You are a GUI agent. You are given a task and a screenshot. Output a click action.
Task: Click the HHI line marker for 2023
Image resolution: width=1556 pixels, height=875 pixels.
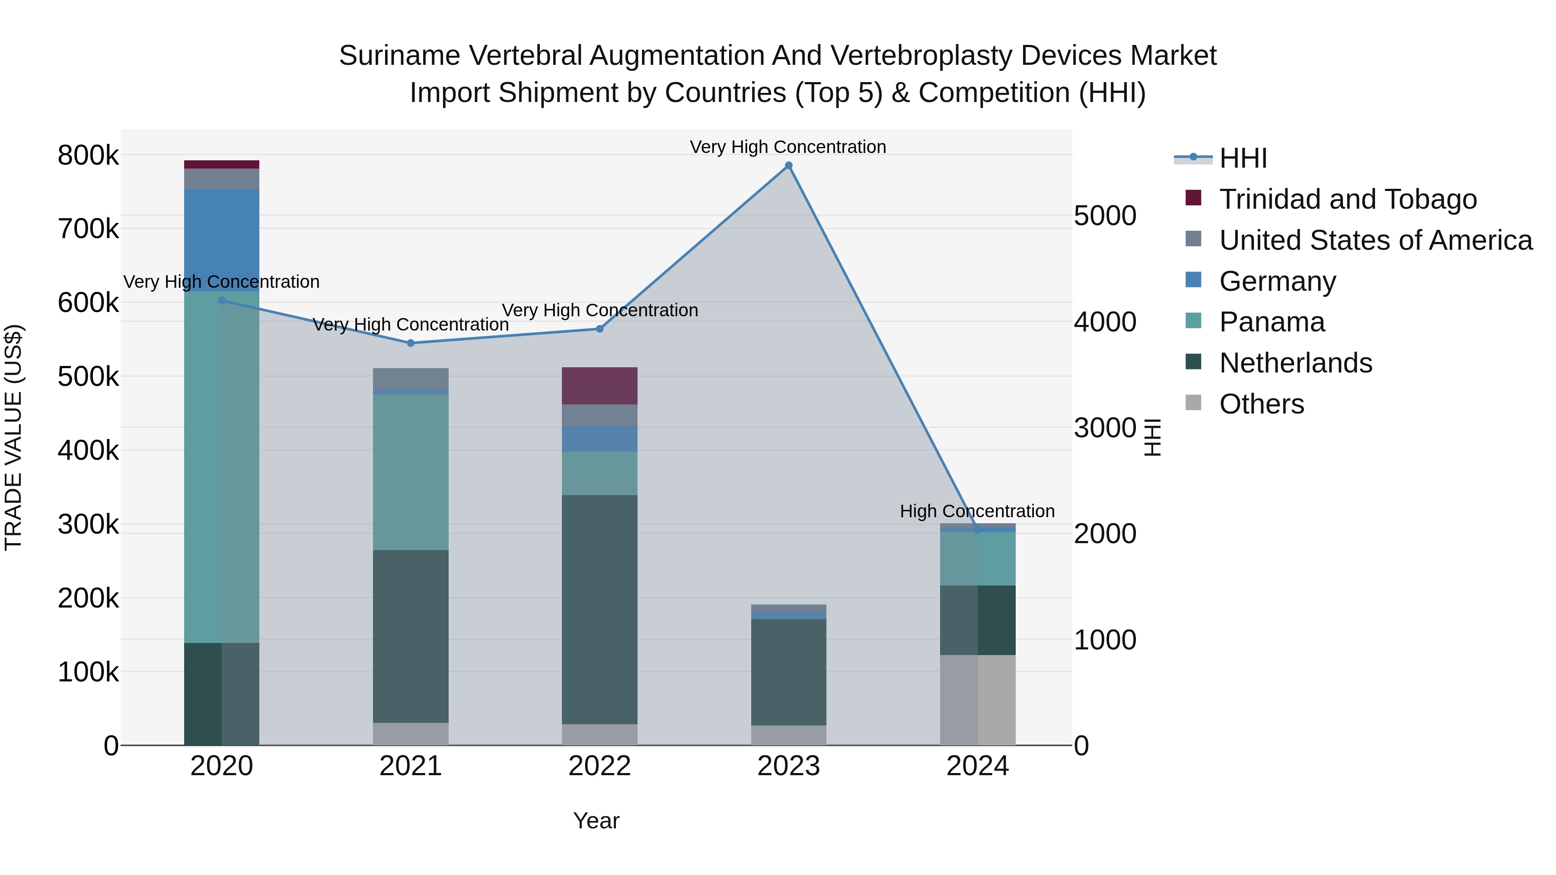788,165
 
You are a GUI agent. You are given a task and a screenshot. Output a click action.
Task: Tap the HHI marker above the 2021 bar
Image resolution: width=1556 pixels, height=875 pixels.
411,343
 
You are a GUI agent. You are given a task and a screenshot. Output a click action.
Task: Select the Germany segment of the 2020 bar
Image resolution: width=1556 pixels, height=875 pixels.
222,240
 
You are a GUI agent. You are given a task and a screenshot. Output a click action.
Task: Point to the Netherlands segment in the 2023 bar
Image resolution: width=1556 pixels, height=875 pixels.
788,671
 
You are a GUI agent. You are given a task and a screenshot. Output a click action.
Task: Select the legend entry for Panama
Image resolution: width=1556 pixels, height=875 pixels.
1272,322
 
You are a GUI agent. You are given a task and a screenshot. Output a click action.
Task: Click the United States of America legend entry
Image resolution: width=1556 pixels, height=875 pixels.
1375,240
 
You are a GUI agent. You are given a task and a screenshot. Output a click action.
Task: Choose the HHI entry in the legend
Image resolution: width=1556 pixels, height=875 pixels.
1243,158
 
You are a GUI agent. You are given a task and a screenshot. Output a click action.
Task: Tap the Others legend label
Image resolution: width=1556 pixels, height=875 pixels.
1261,404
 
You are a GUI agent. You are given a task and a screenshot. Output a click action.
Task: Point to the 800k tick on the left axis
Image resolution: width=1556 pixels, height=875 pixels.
88,156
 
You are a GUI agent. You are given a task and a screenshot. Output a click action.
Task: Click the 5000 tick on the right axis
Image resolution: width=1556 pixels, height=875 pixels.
1105,216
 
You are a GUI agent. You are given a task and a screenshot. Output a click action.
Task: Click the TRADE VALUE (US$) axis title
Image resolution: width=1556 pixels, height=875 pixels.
13,437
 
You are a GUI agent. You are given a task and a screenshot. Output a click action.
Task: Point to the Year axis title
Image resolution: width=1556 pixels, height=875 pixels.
596,821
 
